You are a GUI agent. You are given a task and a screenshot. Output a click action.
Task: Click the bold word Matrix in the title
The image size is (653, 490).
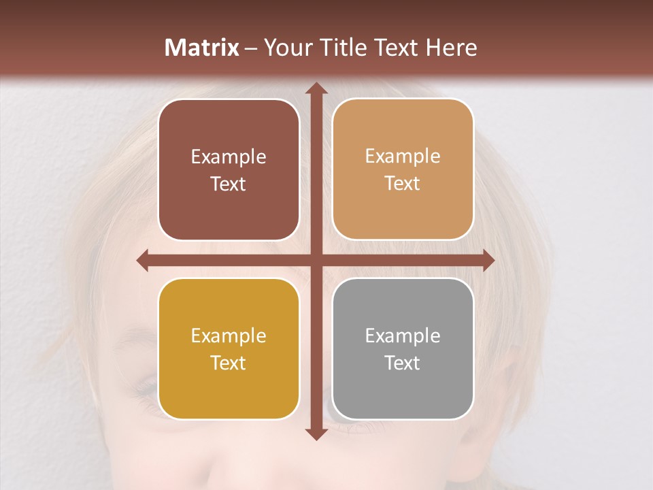point(202,48)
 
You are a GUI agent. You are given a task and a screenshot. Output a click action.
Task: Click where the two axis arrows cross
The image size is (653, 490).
point(315,261)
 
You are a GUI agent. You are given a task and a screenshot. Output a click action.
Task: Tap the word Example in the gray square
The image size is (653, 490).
point(403,336)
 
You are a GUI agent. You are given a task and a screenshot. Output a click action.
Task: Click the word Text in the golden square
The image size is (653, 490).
point(229,363)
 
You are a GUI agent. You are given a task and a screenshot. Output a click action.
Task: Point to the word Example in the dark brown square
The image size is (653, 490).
point(229,157)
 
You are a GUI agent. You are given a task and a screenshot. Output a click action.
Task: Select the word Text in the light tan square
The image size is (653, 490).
point(403,183)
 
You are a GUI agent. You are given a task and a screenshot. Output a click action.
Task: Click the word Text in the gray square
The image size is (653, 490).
point(403,363)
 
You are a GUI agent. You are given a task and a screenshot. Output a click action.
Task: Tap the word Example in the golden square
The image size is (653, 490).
point(229,336)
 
